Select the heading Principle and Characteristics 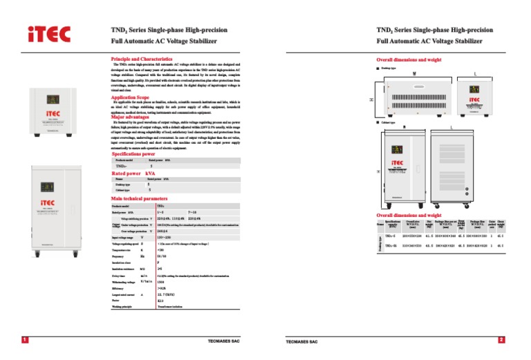coord(142,60)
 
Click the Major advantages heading coord(130,117)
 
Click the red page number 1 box coord(25,340)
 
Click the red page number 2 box coord(502,340)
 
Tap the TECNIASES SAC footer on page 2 coord(301,341)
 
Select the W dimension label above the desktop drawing coord(414,73)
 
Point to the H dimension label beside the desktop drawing coord(371,100)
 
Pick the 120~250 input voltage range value coord(164,237)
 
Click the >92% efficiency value coord(162,288)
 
